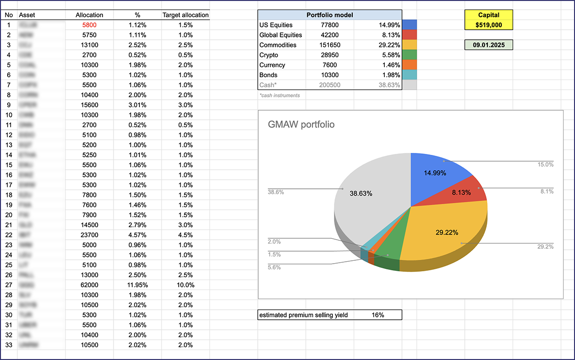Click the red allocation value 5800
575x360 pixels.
(x=89, y=25)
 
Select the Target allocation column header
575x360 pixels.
(x=185, y=15)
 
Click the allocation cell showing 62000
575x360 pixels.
(x=89, y=285)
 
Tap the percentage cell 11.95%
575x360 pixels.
(x=138, y=285)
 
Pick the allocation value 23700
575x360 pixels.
(x=89, y=235)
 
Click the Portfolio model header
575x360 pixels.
(x=329, y=15)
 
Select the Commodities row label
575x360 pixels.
(x=277, y=45)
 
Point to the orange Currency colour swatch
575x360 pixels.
(x=410, y=65)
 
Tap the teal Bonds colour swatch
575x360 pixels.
(x=410, y=75)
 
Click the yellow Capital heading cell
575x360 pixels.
(x=489, y=15)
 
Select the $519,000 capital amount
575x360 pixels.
(x=489, y=24)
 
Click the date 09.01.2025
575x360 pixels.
(x=489, y=45)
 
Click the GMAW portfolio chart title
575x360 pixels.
(x=301, y=125)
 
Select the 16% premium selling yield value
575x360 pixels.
(x=378, y=315)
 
